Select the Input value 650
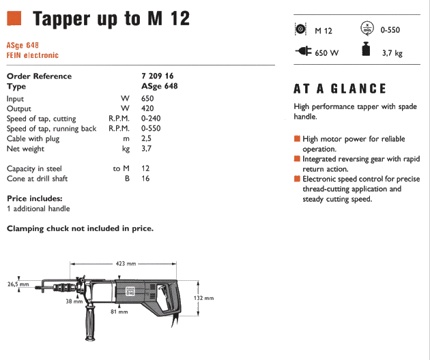point(147,98)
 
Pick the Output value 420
point(147,108)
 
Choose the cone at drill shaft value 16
point(145,179)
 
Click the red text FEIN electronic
point(33,55)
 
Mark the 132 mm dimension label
point(205,298)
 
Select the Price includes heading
point(34,198)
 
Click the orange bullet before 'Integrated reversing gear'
point(297,159)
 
